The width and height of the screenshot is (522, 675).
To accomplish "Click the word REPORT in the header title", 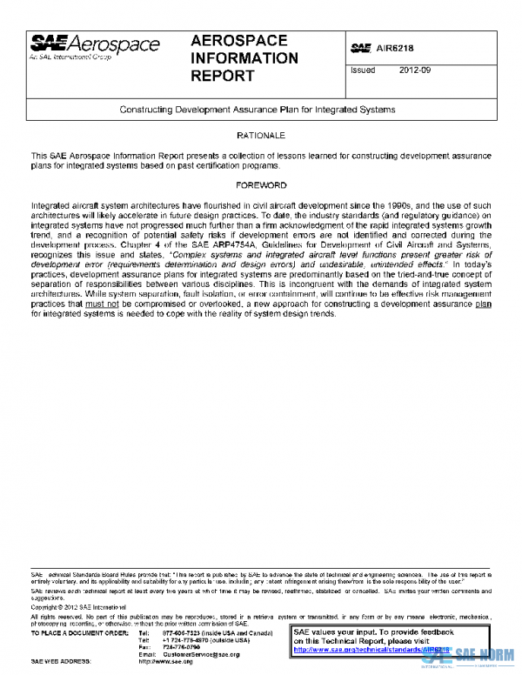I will click(x=223, y=76).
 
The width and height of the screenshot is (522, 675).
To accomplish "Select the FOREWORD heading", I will click(x=261, y=185).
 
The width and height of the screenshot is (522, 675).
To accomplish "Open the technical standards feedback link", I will click(x=371, y=649).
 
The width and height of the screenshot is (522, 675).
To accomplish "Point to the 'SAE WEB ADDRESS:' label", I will click(x=63, y=661).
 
